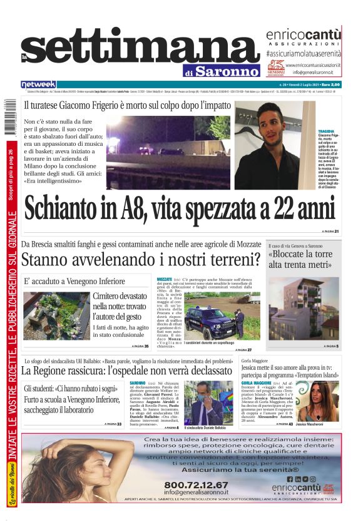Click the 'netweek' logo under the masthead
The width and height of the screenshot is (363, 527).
tap(39, 84)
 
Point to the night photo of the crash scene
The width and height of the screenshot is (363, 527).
tap(170, 145)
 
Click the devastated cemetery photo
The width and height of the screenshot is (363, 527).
tap(56, 315)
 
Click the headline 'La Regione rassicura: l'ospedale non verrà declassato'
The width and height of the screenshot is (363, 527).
tap(126, 371)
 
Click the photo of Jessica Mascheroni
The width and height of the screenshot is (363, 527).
tap(317, 401)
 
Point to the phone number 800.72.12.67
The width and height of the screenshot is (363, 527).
tap(196, 484)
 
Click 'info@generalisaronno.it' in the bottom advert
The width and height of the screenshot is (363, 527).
tap(196, 492)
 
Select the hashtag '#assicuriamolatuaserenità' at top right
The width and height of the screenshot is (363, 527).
tap(304, 54)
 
